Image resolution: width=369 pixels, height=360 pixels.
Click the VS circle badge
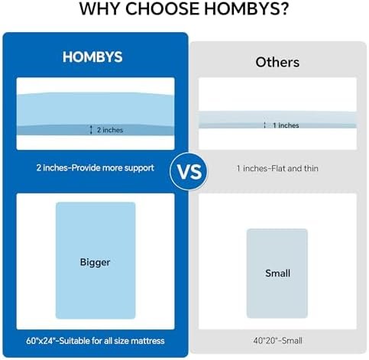coord(189,171)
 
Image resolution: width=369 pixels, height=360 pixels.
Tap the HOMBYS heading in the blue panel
coord(92,57)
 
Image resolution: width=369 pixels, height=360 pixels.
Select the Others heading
coord(277,62)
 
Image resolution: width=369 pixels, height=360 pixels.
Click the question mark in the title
coord(284,8)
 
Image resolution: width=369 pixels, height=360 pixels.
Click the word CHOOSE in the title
coord(162,8)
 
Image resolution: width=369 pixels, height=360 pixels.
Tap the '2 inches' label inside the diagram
coord(110,130)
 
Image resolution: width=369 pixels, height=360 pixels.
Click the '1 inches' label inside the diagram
coord(286,125)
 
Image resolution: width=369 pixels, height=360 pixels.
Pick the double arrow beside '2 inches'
coord(91,130)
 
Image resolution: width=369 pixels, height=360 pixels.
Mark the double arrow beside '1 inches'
coord(265,125)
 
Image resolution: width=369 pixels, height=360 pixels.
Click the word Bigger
coord(95,262)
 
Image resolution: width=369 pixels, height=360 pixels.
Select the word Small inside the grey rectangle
coord(277,273)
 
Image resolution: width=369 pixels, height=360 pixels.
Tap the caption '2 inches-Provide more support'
coord(95,168)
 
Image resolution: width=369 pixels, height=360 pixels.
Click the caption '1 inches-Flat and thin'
coord(277,168)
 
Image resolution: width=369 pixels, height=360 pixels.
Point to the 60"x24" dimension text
coord(40,341)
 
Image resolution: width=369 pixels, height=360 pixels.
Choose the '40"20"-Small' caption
coord(277,341)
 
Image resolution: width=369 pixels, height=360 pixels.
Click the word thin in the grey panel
coord(311,168)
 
